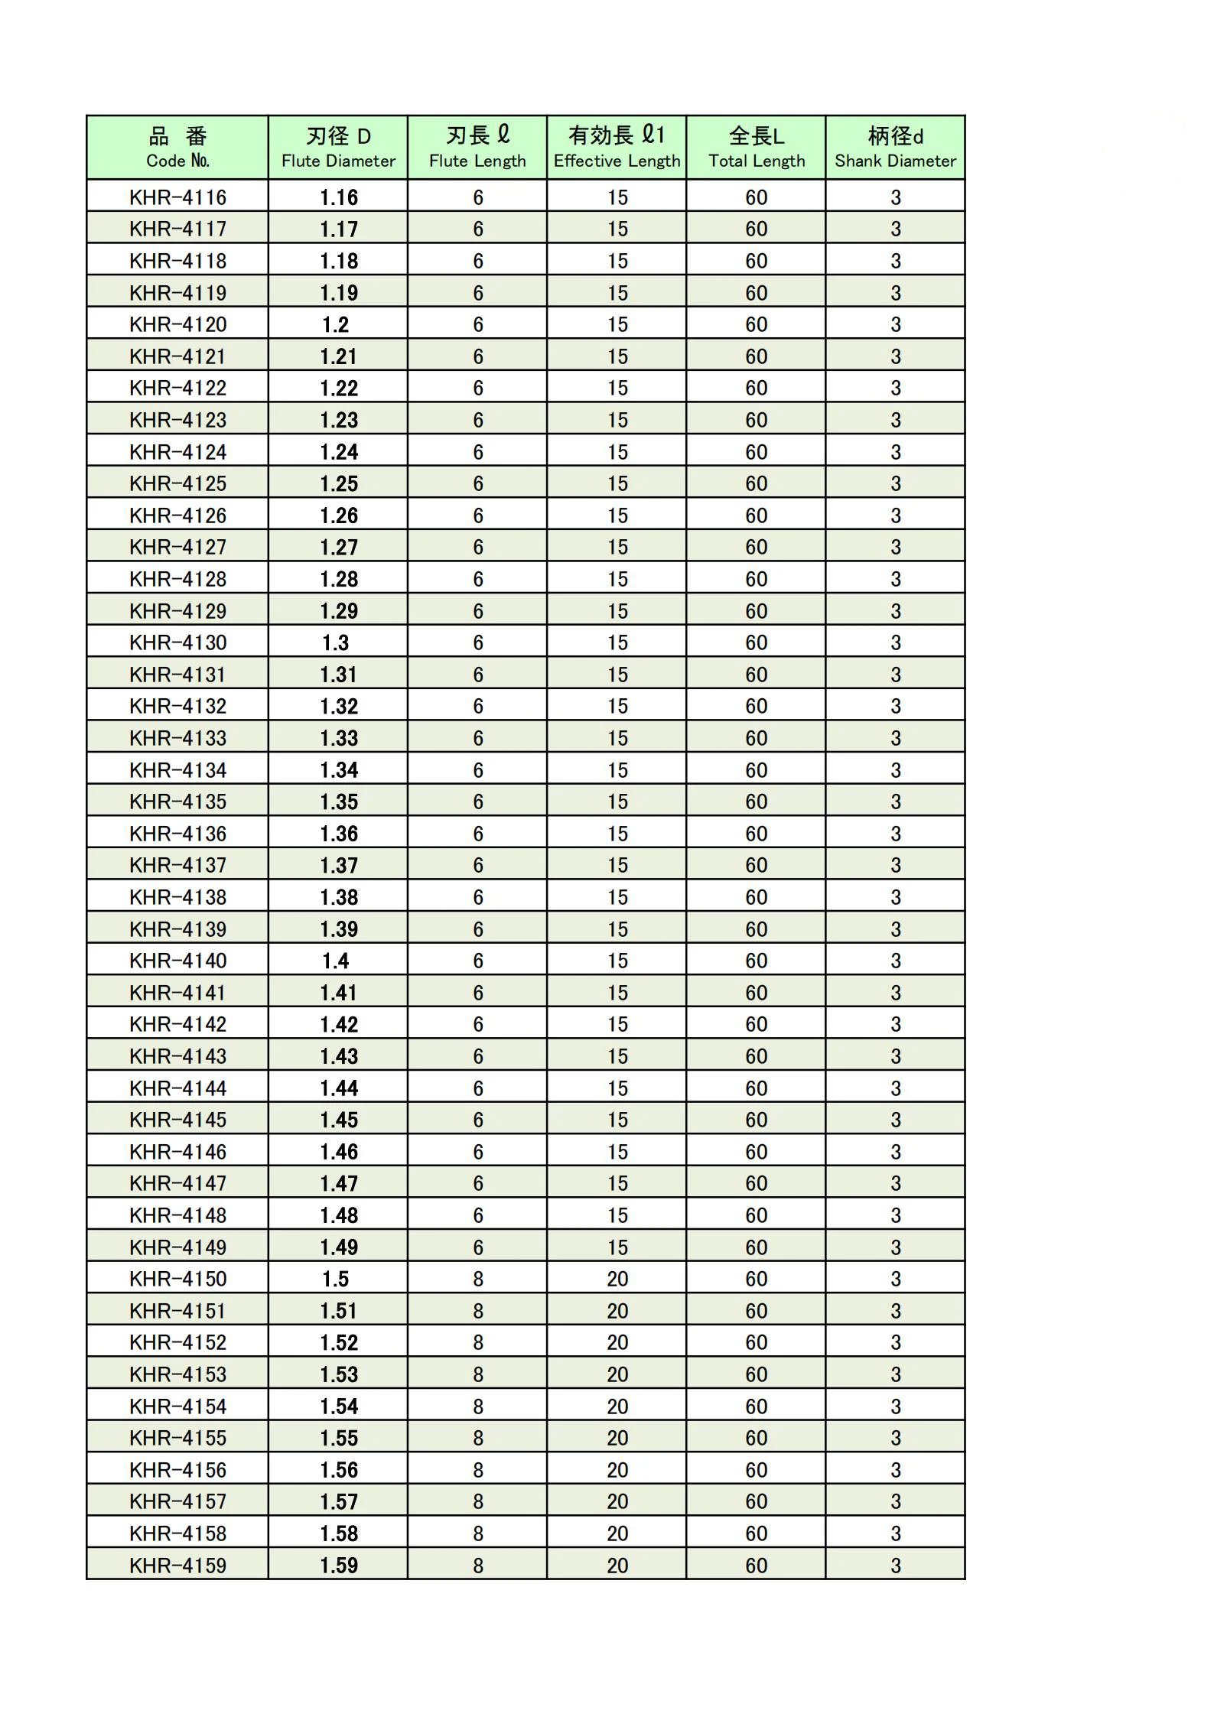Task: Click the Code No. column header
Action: coord(177,148)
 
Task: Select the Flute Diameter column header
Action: coord(338,148)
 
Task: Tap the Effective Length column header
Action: coord(617,148)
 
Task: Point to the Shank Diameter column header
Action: coord(895,148)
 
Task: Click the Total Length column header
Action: coord(756,148)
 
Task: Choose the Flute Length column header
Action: coord(477,148)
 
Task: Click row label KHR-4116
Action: coord(177,197)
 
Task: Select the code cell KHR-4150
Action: coord(177,1279)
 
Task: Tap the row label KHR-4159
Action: coord(177,1565)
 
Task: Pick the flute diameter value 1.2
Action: coord(336,324)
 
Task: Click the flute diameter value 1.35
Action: coord(339,802)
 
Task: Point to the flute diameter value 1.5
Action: coord(336,1279)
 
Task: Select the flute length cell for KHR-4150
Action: coord(478,1279)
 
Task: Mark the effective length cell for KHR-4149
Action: coord(617,1247)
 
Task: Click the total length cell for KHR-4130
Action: coord(757,642)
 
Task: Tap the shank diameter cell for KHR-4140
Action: coord(896,961)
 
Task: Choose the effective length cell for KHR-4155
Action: coord(617,1438)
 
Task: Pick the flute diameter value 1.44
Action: coord(339,1088)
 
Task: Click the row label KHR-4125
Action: coord(177,483)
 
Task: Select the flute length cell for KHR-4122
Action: coord(478,388)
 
